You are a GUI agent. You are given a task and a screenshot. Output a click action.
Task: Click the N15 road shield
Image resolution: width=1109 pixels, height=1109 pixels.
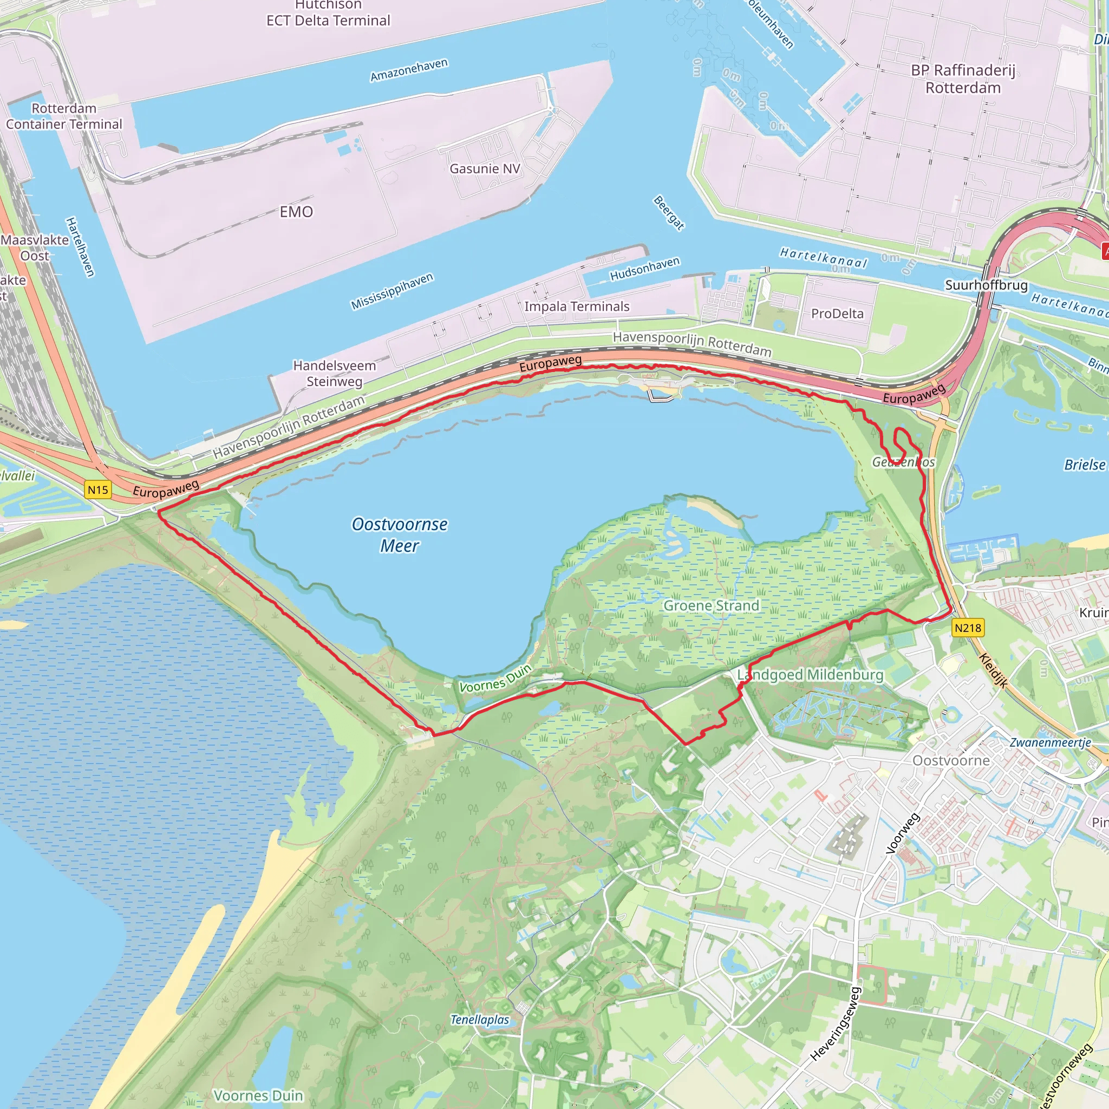tap(97, 490)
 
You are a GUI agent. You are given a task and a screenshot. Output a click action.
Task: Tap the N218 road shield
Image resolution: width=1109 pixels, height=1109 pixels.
tap(968, 628)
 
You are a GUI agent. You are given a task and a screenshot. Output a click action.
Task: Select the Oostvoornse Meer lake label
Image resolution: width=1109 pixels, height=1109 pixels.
tap(400, 534)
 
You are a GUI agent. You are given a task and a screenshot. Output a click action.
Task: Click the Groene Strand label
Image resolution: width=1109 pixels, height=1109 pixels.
tap(710, 605)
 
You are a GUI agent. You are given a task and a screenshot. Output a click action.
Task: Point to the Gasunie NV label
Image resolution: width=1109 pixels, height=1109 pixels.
tap(485, 169)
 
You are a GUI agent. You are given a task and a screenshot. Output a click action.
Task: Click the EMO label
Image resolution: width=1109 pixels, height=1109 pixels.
tap(296, 212)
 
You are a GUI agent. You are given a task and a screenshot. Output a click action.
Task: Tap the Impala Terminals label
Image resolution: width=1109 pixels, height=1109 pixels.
tap(577, 306)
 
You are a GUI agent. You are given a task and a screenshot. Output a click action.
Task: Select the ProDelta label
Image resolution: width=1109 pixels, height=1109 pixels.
tap(837, 314)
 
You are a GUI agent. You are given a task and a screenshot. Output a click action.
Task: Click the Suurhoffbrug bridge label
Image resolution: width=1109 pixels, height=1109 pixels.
tap(986, 285)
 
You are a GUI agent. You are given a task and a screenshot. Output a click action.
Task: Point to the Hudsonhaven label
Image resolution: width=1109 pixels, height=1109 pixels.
tap(644, 269)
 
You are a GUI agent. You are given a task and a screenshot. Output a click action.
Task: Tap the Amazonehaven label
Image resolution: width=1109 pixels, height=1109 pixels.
tap(409, 70)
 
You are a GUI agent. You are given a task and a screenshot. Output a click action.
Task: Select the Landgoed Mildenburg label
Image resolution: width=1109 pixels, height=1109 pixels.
tap(810, 675)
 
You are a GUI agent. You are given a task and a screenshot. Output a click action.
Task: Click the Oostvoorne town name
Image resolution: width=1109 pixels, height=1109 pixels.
tap(951, 761)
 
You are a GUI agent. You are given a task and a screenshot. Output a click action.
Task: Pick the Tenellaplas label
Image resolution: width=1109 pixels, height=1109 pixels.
tap(480, 1020)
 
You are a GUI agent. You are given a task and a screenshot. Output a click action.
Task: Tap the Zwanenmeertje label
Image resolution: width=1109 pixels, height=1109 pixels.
tap(1050, 742)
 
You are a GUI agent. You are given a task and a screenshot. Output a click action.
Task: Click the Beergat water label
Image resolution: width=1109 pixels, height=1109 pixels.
tap(669, 213)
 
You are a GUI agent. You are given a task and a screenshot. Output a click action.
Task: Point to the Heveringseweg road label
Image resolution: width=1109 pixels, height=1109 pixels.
tap(836, 1023)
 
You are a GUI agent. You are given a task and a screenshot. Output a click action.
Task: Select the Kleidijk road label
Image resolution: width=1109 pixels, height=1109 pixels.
tap(993, 670)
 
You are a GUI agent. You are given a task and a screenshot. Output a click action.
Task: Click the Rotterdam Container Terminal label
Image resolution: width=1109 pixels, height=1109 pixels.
tap(64, 116)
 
